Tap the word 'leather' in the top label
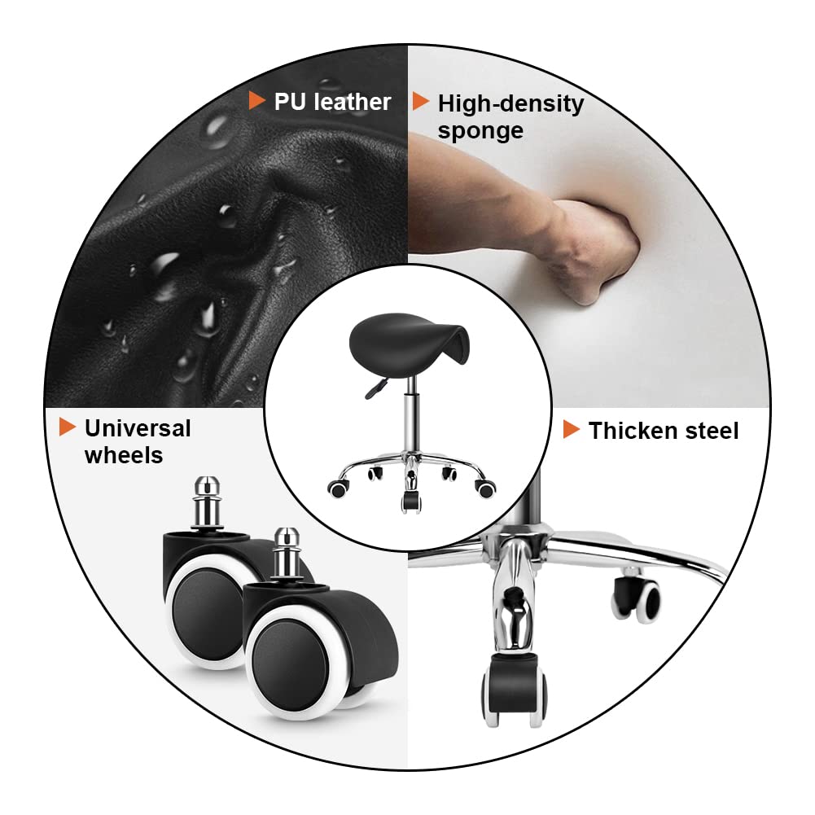tap(352, 102)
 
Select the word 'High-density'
tap(510, 104)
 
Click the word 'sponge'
tap(480, 130)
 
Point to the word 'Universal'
tap(138, 428)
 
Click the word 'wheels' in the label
tap(124, 455)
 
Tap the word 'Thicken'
tap(632, 431)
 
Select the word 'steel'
tap(711, 431)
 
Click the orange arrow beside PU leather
tap(256, 101)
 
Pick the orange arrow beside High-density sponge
tap(420, 101)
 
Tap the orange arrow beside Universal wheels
tap(68, 427)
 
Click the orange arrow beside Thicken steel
tap(572, 429)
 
